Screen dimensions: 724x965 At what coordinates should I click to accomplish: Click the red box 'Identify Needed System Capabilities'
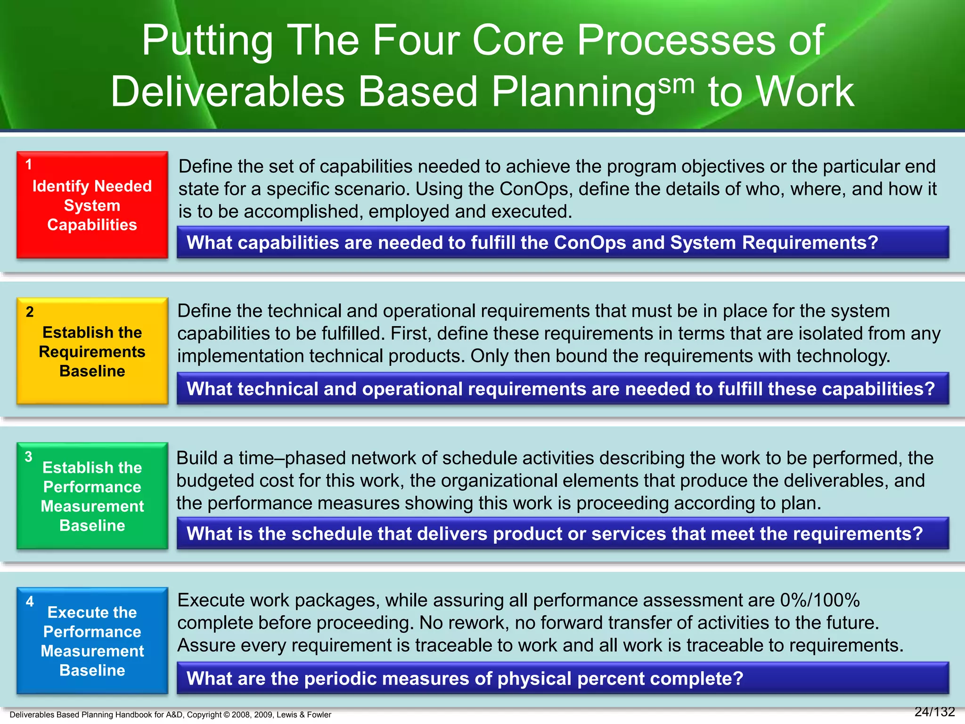[92, 205]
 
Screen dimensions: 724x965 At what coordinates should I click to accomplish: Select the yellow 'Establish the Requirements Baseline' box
[92, 351]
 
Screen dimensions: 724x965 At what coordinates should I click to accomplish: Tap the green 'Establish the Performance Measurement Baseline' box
[92, 496]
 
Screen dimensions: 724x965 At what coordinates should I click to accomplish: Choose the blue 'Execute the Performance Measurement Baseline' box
[92, 641]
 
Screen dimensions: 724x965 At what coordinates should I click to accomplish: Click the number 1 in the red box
[29, 165]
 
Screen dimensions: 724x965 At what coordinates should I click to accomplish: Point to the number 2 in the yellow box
[30, 312]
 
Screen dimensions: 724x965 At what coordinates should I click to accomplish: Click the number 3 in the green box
[29, 457]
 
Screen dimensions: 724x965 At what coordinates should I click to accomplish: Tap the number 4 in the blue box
[30, 601]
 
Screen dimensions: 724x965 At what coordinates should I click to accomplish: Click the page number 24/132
[934, 712]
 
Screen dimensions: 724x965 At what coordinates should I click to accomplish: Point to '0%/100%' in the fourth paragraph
[820, 600]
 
